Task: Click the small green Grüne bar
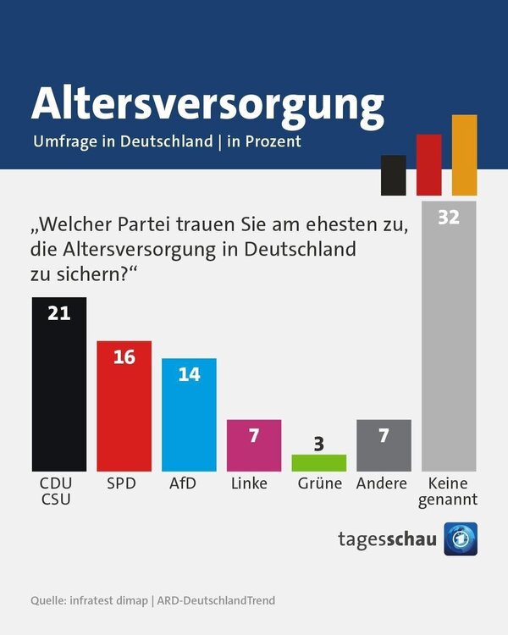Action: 319,463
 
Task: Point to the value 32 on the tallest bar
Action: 449,218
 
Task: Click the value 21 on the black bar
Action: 58,313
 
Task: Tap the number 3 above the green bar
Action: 319,443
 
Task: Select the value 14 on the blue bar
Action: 189,373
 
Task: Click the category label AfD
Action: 189,483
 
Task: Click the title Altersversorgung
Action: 207,102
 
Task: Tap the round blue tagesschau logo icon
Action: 461,539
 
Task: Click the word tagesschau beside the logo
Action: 388,539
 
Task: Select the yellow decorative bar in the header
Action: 464,155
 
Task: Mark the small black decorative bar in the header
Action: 393,174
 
